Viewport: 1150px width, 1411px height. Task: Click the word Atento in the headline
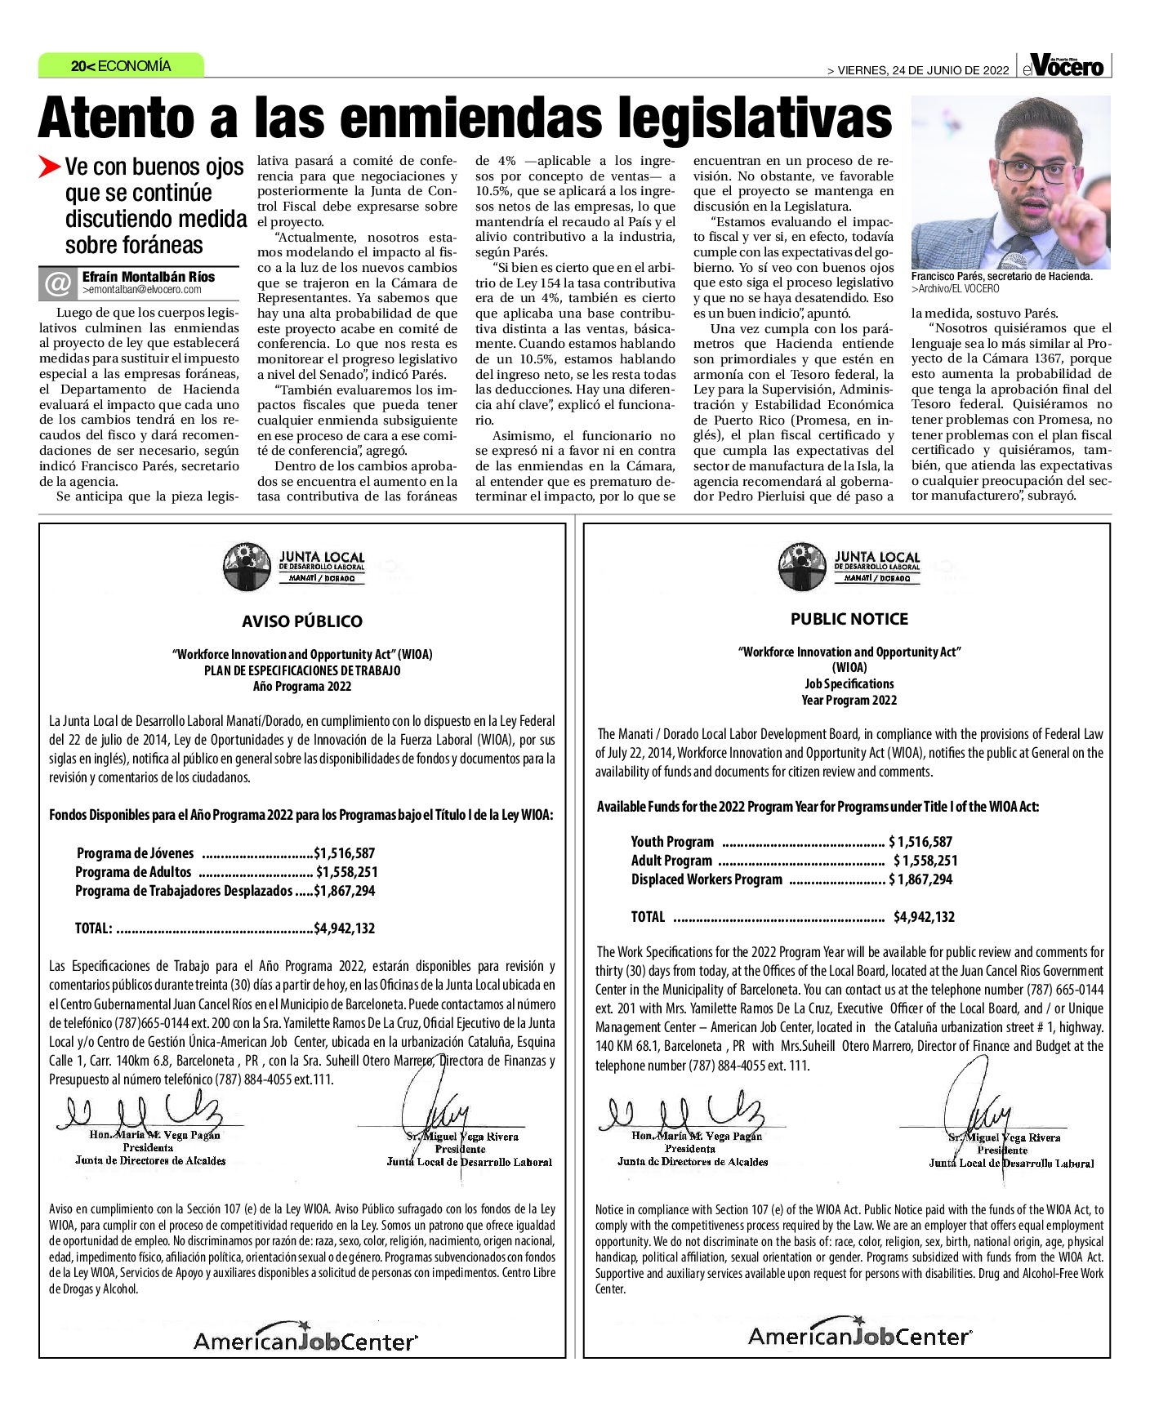coord(115,118)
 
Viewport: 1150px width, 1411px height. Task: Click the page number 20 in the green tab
coord(80,66)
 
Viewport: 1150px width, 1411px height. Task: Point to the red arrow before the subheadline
coord(49,167)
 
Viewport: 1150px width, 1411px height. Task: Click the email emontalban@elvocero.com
coord(142,290)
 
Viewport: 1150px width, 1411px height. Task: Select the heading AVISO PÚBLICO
coord(302,621)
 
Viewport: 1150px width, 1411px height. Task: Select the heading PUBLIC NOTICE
coord(849,619)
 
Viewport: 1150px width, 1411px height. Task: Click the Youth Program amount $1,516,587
coord(920,842)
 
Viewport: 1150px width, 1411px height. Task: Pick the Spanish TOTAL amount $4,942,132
coord(344,928)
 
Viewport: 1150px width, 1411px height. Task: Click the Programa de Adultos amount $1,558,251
coord(346,872)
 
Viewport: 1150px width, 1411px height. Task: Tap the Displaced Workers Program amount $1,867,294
coord(920,879)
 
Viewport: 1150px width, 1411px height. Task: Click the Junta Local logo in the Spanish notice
coord(294,566)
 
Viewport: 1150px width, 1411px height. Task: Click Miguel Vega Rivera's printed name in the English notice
coord(1004,1137)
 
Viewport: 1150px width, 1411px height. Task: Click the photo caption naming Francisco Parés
coord(1001,277)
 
